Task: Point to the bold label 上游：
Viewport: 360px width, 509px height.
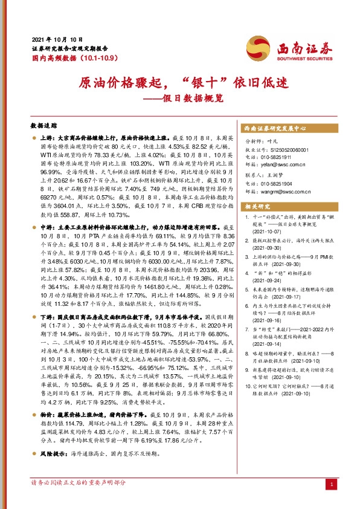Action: coord(47,138)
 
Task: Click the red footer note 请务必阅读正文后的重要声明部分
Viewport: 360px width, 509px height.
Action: coord(79,499)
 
